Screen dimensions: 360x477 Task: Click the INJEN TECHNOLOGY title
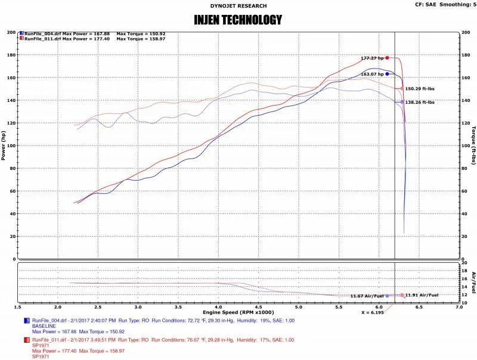pyautogui.click(x=238, y=20)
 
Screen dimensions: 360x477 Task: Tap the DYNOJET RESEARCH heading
pyautogui.click(x=238, y=5)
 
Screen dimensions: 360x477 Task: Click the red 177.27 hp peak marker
pyautogui.click(x=387, y=58)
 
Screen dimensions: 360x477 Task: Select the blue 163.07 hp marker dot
pyautogui.click(x=387, y=74)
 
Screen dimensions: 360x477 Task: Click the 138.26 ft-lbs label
pyautogui.click(x=420, y=102)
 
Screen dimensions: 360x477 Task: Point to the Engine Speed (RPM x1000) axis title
pyautogui.click(x=238, y=312)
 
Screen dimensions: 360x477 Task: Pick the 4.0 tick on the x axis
pyautogui.click(x=218, y=308)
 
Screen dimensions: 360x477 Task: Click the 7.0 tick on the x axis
pyautogui.click(x=459, y=308)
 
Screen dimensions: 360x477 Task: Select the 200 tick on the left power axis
pyautogui.click(x=10, y=32)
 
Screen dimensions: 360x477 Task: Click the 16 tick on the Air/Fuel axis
pyautogui.click(x=464, y=278)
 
